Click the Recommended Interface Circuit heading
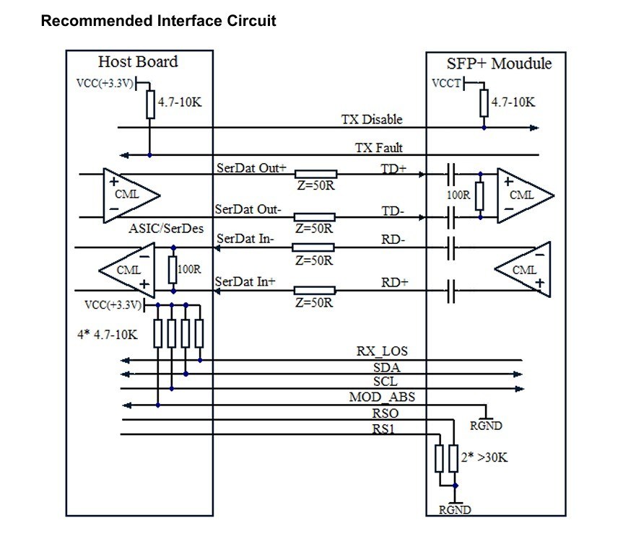(x=159, y=20)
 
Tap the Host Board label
(x=138, y=61)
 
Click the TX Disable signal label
(x=372, y=119)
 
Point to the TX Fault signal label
(x=378, y=148)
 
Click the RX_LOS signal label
(x=382, y=352)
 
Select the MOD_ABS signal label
(x=382, y=397)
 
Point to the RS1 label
(x=383, y=429)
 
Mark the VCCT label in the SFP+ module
(x=445, y=84)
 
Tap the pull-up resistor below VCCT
(x=484, y=104)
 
